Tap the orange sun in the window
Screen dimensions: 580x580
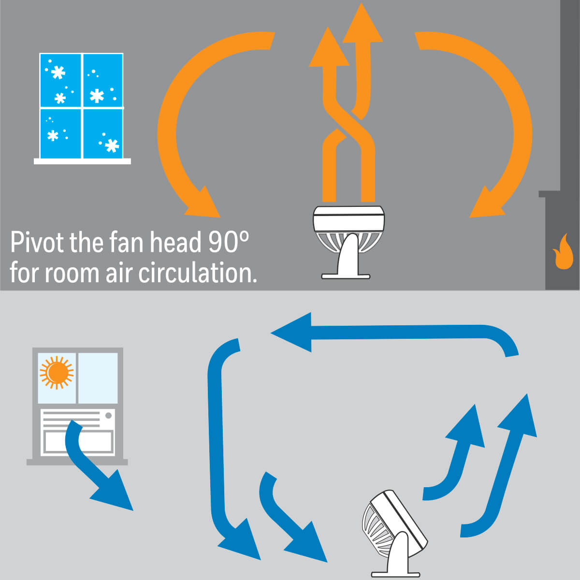57,373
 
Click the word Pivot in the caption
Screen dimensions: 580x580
37,243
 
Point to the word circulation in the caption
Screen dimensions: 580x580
198,273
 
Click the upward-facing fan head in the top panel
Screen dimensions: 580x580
348,229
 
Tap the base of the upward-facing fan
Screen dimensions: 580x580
346,276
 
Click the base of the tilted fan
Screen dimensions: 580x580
395,574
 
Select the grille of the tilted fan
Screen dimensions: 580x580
376,526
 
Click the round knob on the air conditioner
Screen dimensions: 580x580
108,416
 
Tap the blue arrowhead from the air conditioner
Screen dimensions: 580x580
114,492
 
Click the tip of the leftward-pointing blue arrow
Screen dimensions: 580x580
271,333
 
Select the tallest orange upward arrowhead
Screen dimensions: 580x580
362,22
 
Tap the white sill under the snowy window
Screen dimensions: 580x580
82,161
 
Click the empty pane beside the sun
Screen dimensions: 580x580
98,378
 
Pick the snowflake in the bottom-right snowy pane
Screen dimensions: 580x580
112,145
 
